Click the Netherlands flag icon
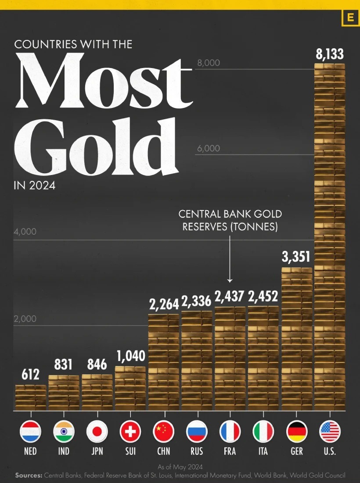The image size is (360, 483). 31,431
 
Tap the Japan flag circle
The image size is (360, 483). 97,431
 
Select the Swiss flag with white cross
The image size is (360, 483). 130,431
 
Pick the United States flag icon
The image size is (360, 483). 330,431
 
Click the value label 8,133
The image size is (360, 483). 329,54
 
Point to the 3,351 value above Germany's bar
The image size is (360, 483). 296,257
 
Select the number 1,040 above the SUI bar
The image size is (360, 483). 131,356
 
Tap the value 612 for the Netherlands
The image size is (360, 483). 31,375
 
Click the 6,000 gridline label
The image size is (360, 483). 209,148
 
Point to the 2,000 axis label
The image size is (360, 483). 25,319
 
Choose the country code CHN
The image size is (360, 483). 164,451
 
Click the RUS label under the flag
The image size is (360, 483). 197,451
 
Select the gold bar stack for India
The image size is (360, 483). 64,393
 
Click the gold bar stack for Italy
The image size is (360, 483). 263,358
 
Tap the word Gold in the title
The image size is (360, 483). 96,147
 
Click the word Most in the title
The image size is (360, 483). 104,81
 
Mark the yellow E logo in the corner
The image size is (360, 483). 350,18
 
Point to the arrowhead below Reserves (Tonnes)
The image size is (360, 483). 230,280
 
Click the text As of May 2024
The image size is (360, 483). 180,467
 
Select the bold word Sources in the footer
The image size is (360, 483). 29,475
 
